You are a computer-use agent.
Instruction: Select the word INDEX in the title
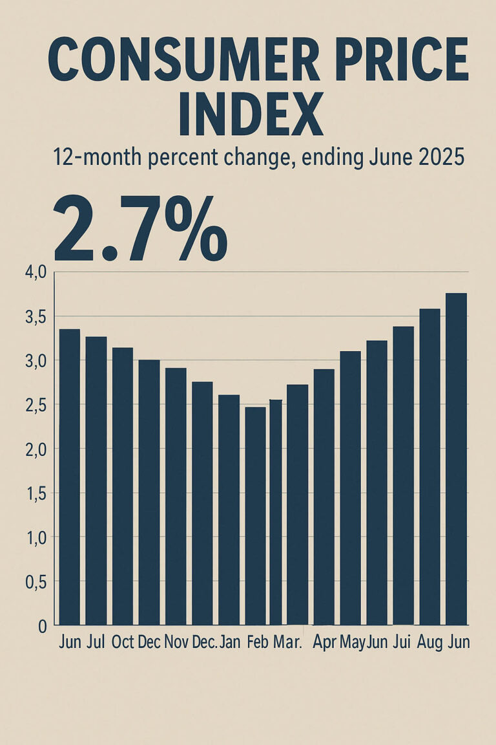[x=250, y=114]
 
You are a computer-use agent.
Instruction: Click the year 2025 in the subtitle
[x=439, y=157]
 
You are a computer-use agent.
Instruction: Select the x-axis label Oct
[x=123, y=642]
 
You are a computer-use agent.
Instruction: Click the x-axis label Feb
[x=257, y=642]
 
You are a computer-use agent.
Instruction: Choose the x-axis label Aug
[x=429, y=642]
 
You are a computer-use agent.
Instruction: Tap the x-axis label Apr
[x=324, y=642]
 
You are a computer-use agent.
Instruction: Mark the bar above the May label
[x=350, y=488]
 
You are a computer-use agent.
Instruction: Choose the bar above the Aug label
[x=429, y=466]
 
